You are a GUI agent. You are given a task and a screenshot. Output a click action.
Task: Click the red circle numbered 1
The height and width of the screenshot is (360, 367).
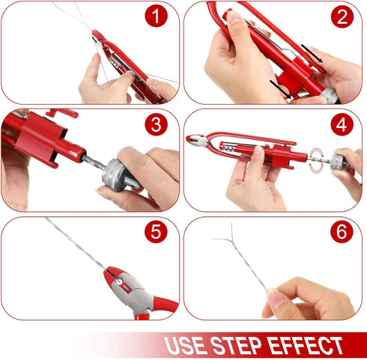pos(156,15)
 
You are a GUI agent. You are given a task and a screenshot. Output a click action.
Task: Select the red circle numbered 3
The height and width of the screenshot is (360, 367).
pos(156,123)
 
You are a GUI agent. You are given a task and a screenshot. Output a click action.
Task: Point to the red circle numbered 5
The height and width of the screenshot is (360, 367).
pos(156,231)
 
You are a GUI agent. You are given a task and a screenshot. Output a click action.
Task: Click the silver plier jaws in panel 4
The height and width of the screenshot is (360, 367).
pos(197,139)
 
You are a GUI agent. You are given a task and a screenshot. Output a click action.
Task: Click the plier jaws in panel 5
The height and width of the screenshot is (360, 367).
pos(121,282)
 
